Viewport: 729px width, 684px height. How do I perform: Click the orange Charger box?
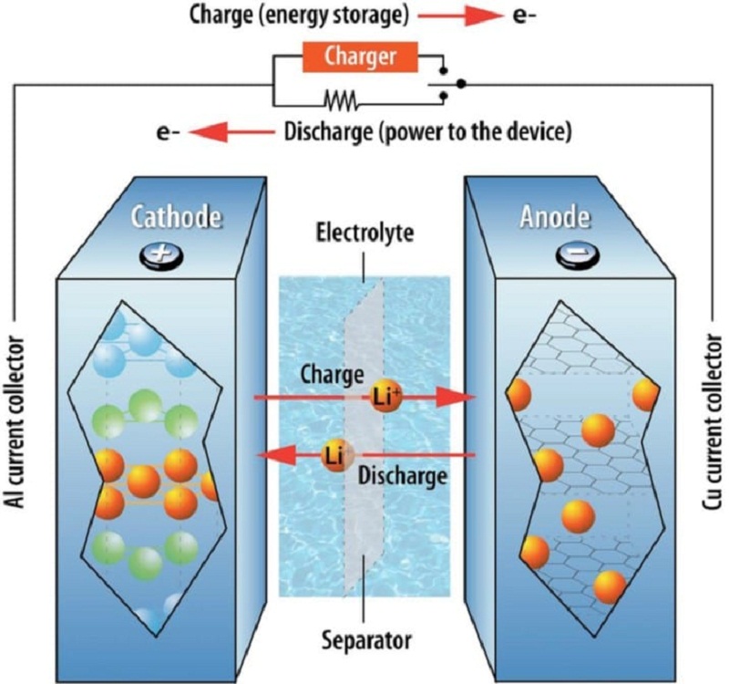(360, 57)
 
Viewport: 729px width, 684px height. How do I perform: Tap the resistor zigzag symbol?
(341, 100)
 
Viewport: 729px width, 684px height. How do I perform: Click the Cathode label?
(176, 217)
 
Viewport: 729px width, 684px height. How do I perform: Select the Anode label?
(555, 217)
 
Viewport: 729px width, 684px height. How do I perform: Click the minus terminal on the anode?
(577, 256)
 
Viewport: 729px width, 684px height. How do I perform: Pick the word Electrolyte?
(364, 233)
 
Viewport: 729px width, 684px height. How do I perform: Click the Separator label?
(367, 640)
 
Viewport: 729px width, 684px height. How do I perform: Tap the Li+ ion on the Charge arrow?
(385, 397)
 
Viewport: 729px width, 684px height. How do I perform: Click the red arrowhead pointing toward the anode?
(457, 398)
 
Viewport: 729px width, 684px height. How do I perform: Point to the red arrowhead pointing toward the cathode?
(276, 455)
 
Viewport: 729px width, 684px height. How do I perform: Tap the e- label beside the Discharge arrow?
(169, 133)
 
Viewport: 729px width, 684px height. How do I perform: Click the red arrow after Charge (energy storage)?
(460, 16)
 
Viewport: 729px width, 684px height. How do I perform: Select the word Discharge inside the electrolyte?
(403, 476)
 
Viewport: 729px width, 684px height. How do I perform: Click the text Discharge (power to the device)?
(427, 132)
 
